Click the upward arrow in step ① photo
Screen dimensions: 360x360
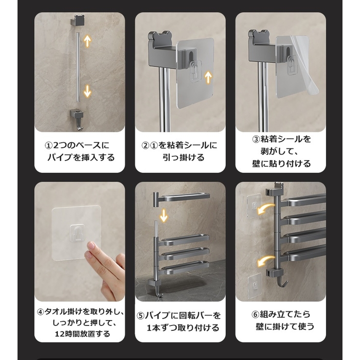[88, 40]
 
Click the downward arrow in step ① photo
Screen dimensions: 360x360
[88, 90]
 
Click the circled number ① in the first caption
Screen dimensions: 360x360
[48, 145]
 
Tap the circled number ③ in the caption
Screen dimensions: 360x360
[256, 139]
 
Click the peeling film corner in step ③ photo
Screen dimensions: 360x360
[311, 90]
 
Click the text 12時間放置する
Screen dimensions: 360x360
[82, 334]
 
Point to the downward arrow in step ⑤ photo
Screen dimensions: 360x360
[164, 214]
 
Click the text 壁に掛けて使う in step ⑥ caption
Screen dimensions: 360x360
[285, 326]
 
